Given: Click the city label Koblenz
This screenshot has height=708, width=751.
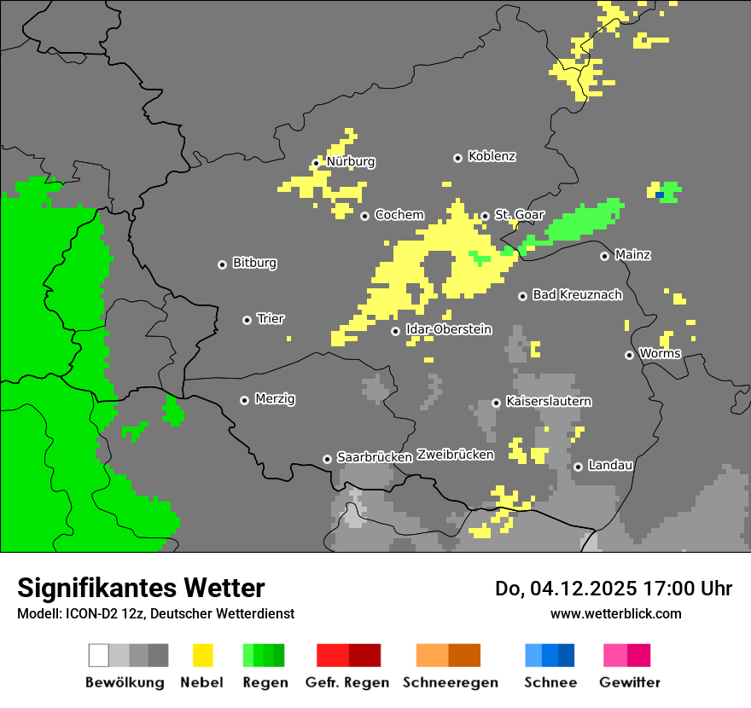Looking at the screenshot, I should pos(492,157).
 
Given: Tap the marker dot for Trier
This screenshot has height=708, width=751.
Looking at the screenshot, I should pos(247,320).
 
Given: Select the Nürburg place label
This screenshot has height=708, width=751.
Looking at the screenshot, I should pos(351,162).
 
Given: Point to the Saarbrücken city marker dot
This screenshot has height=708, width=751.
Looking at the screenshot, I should pos(327,459).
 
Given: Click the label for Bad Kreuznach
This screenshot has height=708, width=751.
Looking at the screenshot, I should pos(577,295).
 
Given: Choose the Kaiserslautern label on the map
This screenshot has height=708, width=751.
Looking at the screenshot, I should pos(549,402).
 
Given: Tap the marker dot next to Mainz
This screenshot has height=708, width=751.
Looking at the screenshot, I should pos(604,256).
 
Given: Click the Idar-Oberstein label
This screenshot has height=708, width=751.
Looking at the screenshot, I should pos(448,330).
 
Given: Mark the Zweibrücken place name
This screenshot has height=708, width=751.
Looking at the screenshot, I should pos(455,455).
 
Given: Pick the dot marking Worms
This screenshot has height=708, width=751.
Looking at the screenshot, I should pos(629,355).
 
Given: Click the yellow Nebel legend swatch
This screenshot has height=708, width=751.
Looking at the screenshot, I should pos(203,655).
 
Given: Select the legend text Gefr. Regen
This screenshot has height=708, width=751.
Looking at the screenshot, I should pos(347,682).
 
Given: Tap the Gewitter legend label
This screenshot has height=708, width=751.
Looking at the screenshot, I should pos(630,682).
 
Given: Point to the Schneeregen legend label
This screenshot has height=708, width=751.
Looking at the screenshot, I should pos(451,682).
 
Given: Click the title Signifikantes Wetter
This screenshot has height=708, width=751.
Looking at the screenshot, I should pos(141,589).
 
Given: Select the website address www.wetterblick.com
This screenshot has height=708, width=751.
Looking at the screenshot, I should pos(615,613).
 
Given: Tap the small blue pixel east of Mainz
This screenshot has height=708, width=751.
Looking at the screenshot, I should pos(659,195).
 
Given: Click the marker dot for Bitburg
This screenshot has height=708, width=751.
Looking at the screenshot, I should pos(222,264).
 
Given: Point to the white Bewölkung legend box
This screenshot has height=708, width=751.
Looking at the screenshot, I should pos(99,655).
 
